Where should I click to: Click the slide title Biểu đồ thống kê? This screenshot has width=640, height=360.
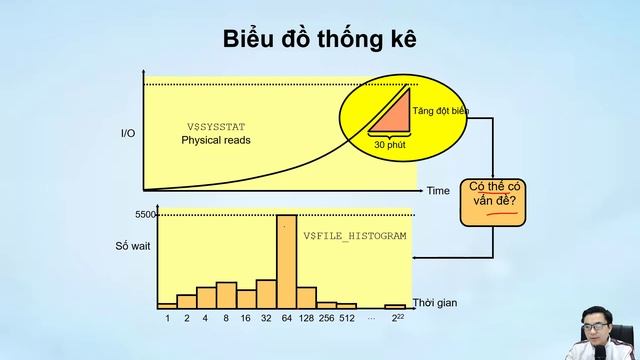(320, 39)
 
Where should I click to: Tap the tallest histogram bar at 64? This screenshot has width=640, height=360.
(286, 260)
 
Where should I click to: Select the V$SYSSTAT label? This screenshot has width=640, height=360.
(216, 127)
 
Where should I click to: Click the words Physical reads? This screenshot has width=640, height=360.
(216, 140)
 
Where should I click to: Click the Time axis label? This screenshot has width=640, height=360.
(438, 190)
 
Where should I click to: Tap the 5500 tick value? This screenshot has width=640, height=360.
(146, 215)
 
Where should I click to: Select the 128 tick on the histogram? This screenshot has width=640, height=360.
(306, 318)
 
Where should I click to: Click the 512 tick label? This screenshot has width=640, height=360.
(346, 318)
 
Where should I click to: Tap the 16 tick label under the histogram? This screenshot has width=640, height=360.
(246, 318)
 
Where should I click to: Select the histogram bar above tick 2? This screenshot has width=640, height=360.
(187, 300)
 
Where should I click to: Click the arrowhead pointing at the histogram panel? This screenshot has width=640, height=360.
(416, 258)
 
